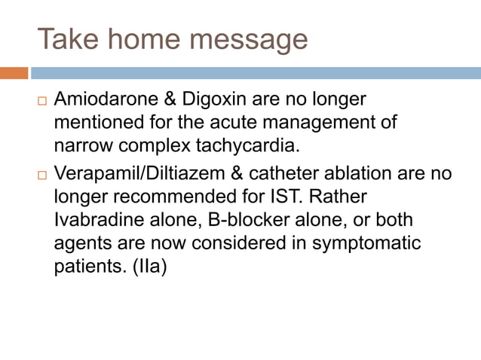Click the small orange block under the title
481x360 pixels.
[x=14, y=73]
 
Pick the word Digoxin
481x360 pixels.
[x=200, y=100]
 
